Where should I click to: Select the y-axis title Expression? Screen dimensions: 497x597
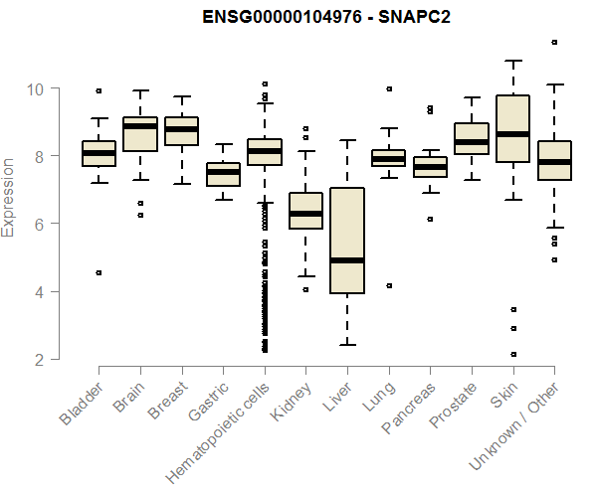click(x=9, y=197)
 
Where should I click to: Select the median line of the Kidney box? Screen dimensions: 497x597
click(x=305, y=214)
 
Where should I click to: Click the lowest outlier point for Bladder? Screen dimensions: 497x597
click(x=99, y=272)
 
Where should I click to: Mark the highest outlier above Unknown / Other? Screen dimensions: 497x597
click(x=554, y=43)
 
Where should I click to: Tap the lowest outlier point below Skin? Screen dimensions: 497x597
click(x=512, y=354)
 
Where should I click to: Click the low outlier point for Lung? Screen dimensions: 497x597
click(x=389, y=285)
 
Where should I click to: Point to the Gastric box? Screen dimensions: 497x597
click(x=223, y=175)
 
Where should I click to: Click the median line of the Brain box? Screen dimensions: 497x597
click(x=140, y=126)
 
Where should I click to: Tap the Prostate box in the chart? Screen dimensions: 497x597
click(x=472, y=139)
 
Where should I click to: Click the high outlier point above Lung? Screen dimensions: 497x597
click(x=389, y=88)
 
